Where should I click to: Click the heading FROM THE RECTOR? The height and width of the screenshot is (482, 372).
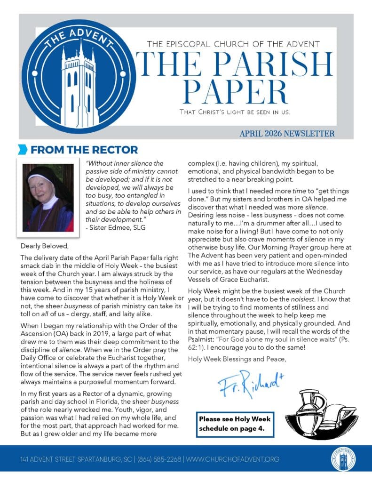[x=84, y=150]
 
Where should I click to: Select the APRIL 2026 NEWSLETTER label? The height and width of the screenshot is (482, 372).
[x=287, y=134]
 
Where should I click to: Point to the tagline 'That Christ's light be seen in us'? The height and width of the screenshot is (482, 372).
[x=235, y=112]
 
